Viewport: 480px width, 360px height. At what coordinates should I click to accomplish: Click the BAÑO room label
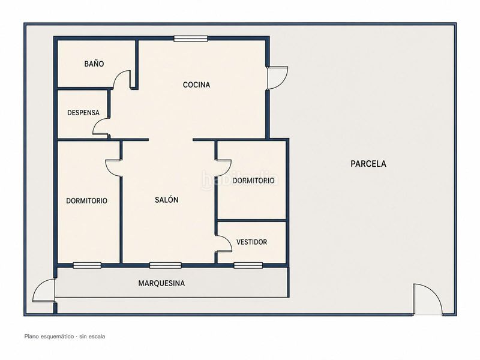pyautogui.click(x=94, y=64)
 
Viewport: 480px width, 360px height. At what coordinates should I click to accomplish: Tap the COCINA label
pyautogui.click(x=196, y=85)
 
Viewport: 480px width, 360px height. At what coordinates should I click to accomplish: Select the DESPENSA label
pyautogui.click(x=83, y=113)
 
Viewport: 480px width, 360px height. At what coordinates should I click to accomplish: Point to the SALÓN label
pyautogui.click(x=167, y=200)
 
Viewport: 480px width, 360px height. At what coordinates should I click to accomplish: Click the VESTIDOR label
pyautogui.click(x=251, y=242)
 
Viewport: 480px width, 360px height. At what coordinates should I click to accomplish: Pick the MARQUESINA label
pyautogui.click(x=161, y=283)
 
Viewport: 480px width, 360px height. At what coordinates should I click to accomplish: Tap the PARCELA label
pyautogui.click(x=368, y=164)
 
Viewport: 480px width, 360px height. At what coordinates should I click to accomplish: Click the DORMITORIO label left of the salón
pyautogui.click(x=86, y=201)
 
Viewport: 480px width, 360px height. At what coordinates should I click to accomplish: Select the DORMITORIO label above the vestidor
pyautogui.click(x=253, y=181)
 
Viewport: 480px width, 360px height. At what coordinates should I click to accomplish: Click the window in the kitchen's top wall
pyautogui.click(x=191, y=38)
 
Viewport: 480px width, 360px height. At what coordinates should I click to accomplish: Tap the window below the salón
pyautogui.click(x=166, y=265)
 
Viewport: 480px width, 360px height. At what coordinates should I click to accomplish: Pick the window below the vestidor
pyautogui.click(x=248, y=265)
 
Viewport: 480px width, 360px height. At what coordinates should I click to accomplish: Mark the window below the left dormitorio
pyautogui.click(x=87, y=265)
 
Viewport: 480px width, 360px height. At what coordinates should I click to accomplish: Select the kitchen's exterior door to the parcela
pyautogui.click(x=277, y=78)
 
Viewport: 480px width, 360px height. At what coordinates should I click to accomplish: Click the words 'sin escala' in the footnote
pyautogui.click(x=92, y=337)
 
